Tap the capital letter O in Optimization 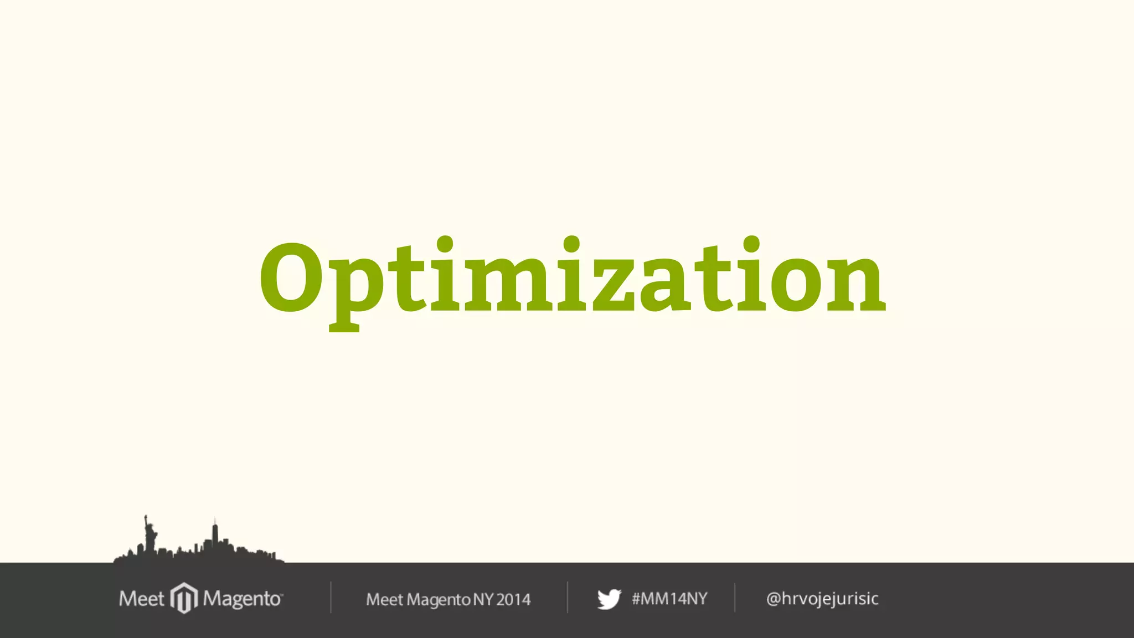(291, 279)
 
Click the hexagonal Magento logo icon (184, 598)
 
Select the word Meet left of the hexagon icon (141, 599)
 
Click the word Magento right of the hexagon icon (242, 599)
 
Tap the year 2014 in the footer (513, 599)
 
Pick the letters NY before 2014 (483, 599)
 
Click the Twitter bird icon (609, 599)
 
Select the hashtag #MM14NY (669, 599)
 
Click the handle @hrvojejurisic (822, 599)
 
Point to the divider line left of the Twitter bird (567, 598)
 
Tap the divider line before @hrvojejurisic (735, 598)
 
